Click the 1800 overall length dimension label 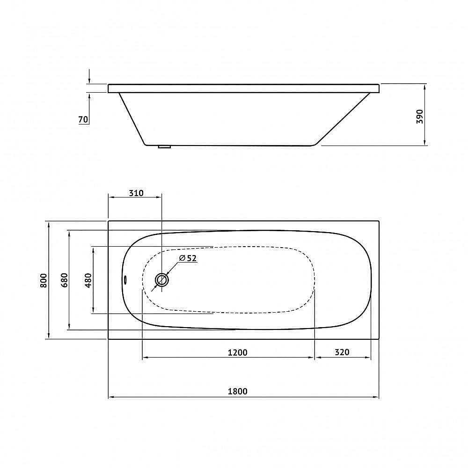coord(238,391)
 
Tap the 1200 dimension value coord(238,352)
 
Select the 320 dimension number coord(342,352)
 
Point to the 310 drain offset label coord(136,193)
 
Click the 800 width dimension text coord(44,280)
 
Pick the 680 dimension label coord(65,280)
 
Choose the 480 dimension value coord(88,280)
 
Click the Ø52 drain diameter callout coord(188,258)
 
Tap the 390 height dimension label coord(420,117)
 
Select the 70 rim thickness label coord(83,119)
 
